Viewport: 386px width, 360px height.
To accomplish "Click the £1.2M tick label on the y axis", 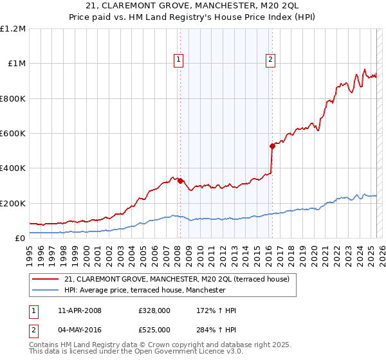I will point(13,29).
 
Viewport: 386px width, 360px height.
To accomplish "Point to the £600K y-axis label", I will point(13,134).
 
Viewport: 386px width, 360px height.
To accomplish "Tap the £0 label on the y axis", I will point(20,239).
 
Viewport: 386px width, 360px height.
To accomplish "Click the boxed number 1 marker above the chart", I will point(178,60).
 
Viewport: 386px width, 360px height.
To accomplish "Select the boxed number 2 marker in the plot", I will point(270,60).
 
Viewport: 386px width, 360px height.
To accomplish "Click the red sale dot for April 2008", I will point(180,181).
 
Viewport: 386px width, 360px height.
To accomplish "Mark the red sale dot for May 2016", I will point(272,146).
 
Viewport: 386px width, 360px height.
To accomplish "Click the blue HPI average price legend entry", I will point(145,290).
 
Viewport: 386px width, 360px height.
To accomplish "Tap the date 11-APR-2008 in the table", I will point(80,310).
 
